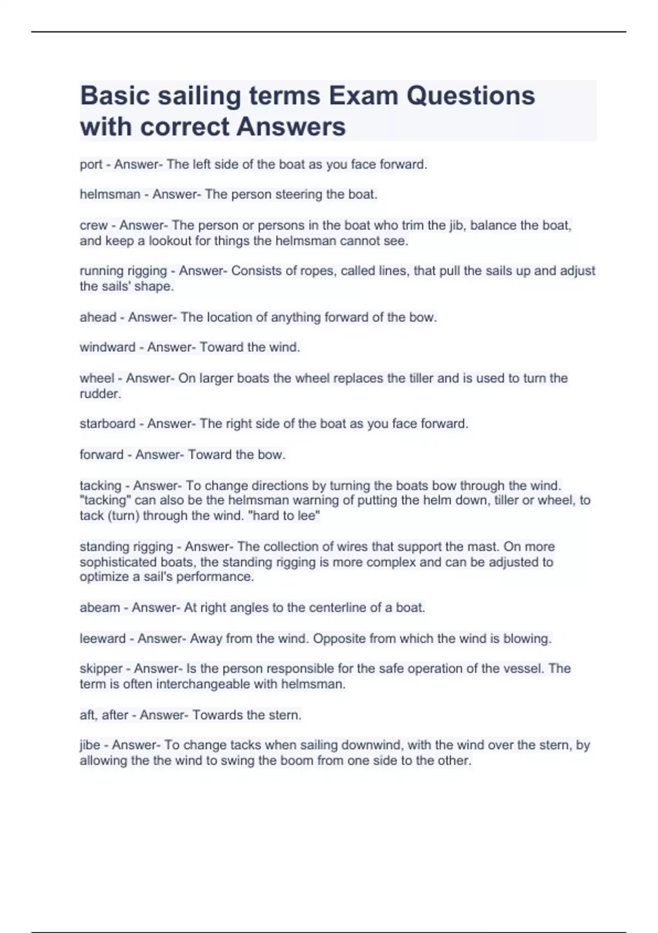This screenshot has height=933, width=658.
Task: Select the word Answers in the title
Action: pos(291,127)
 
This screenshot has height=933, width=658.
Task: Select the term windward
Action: pos(107,347)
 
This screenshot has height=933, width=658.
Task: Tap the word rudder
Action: pos(99,394)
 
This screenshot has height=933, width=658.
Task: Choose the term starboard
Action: pos(107,424)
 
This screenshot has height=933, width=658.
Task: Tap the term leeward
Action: pos(103,639)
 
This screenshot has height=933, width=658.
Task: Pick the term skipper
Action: pos(101,669)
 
